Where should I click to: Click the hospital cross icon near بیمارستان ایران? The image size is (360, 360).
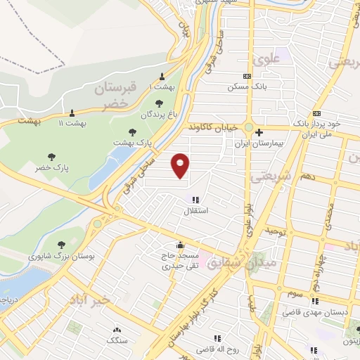(259, 132)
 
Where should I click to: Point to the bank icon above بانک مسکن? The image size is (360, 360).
(246, 76)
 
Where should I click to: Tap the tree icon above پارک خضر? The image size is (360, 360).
(51, 157)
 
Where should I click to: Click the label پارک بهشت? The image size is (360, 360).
(133, 142)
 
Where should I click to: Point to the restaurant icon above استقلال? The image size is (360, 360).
(195, 200)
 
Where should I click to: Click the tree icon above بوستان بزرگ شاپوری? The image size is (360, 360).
(61, 245)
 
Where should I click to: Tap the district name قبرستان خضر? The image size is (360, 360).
(112, 95)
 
